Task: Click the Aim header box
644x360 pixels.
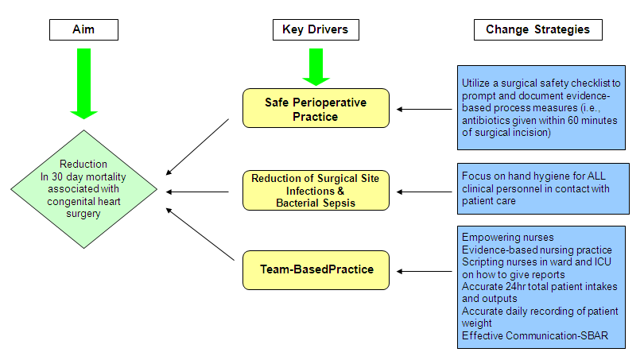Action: pyautogui.click(x=83, y=29)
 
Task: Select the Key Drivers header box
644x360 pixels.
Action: pyautogui.click(x=316, y=29)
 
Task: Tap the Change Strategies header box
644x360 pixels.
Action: pyautogui.click(x=538, y=29)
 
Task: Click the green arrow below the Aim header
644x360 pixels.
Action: pyautogui.click(x=83, y=83)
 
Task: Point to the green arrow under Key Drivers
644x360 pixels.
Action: pyautogui.click(x=316, y=67)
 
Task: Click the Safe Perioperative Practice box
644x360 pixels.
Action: pyautogui.click(x=316, y=108)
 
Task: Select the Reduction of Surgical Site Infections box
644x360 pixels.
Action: pyautogui.click(x=316, y=191)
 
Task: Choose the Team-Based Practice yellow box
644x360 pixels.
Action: pyautogui.click(x=316, y=270)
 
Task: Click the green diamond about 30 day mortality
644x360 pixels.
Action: pyautogui.click(x=83, y=189)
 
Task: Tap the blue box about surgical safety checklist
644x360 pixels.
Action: pyautogui.click(x=541, y=107)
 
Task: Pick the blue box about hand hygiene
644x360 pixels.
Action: pyautogui.click(x=543, y=189)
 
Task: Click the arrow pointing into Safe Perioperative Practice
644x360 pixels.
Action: pyautogui.click(x=425, y=109)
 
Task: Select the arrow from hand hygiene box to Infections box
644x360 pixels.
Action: pyautogui.click(x=425, y=192)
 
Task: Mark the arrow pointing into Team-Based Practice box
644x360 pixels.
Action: pyautogui.click(x=425, y=271)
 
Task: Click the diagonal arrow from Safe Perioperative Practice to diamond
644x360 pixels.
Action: pyautogui.click(x=197, y=147)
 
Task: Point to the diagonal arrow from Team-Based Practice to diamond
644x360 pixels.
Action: pyautogui.click(x=200, y=234)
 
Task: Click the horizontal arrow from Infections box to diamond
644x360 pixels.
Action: pyautogui.click(x=197, y=192)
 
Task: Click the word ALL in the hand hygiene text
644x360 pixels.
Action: pyautogui.click(x=596, y=176)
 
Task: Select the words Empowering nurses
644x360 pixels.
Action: pyautogui.click(x=507, y=238)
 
